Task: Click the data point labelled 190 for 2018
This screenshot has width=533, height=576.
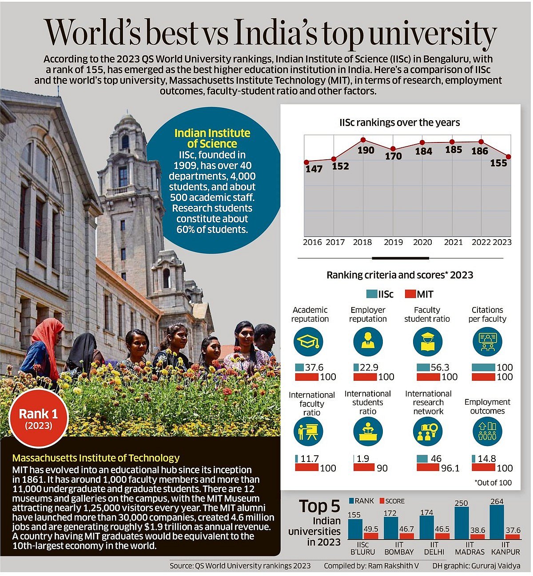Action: pyautogui.click(x=363, y=140)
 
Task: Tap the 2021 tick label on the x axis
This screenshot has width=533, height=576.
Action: pyautogui.click(x=453, y=242)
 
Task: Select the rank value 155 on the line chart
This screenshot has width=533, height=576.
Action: pyautogui.click(x=498, y=163)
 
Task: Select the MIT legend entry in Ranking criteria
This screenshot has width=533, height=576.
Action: pyautogui.click(x=419, y=294)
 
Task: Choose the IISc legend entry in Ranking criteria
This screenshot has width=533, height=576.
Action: pyautogui.click(x=380, y=294)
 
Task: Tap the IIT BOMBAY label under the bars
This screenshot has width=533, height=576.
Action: pyautogui.click(x=399, y=548)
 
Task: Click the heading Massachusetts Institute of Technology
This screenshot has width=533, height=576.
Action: pyautogui.click(x=96, y=458)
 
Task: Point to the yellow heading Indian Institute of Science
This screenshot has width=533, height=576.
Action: pyautogui.click(x=212, y=138)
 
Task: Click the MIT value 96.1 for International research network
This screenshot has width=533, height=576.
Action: pyautogui.click(x=450, y=468)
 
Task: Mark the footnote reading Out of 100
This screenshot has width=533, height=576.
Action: pyautogui.click(x=493, y=482)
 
